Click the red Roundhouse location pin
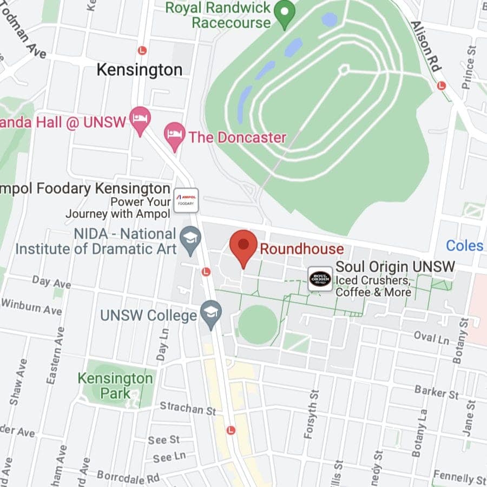243,246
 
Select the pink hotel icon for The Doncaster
174,135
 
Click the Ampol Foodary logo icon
186,200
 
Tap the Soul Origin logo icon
320,279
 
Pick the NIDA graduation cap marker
190,240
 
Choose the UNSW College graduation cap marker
210,314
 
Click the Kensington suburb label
139,70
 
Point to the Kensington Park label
115,385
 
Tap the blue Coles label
464,246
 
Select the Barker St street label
436,391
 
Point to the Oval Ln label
431,338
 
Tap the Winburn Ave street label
31,307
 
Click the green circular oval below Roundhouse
258,325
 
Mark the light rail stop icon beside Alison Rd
441,85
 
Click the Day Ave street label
51,282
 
